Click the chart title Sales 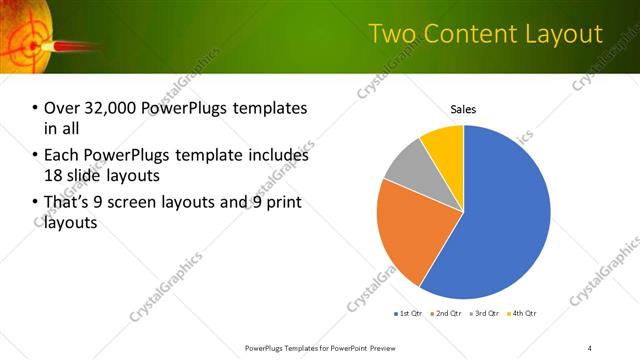tap(463, 109)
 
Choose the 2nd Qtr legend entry tap(447, 313)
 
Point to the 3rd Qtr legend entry tap(484, 313)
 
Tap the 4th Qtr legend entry tap(521, 313)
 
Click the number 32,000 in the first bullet tap(113, 108)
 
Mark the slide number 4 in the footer tap(590, 347)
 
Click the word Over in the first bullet tap(62, 108)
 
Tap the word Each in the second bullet tap(62, 155)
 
